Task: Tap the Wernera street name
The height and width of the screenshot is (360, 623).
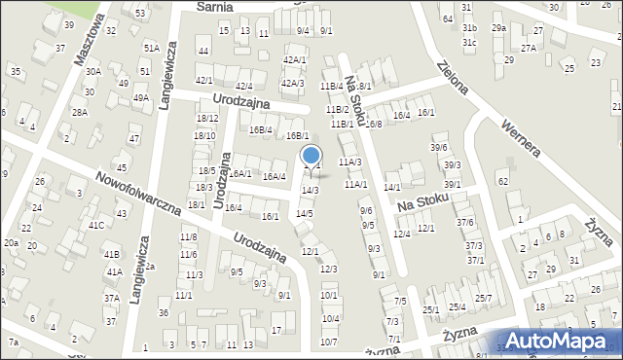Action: [x=520, y=139]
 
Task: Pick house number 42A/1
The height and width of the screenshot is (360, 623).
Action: [x=294, y=60]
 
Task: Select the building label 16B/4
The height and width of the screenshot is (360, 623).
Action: [x=260, y=129]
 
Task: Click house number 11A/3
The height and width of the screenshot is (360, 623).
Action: [x=349, y=162]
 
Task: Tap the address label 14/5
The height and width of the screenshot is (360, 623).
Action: [x=305, y=213]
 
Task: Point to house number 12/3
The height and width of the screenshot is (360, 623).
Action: [x=328, y=269]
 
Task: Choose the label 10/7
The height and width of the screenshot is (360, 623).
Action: [x=330, y=342]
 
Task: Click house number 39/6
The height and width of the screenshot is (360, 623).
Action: [x=438, y=148]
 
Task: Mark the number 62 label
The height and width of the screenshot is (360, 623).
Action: [x=502, y=182]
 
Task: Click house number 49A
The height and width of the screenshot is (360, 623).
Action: [x=141, y=98]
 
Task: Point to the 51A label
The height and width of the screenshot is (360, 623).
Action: [x=151, y=48]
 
